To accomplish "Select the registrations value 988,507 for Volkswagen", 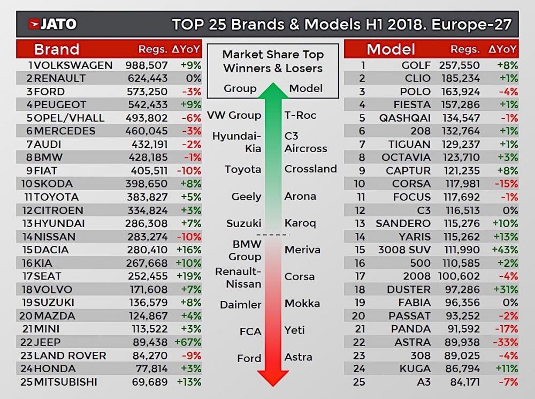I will coord(147,65).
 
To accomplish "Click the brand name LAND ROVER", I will coord(70,356).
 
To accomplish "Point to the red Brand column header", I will coord(56,49).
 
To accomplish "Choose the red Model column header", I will coord(391,49).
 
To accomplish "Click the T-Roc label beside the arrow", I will coord(300,115).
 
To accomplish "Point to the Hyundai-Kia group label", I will coord(237,142).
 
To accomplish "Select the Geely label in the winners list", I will coord(246,197).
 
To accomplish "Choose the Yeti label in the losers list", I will coord(295,330).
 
